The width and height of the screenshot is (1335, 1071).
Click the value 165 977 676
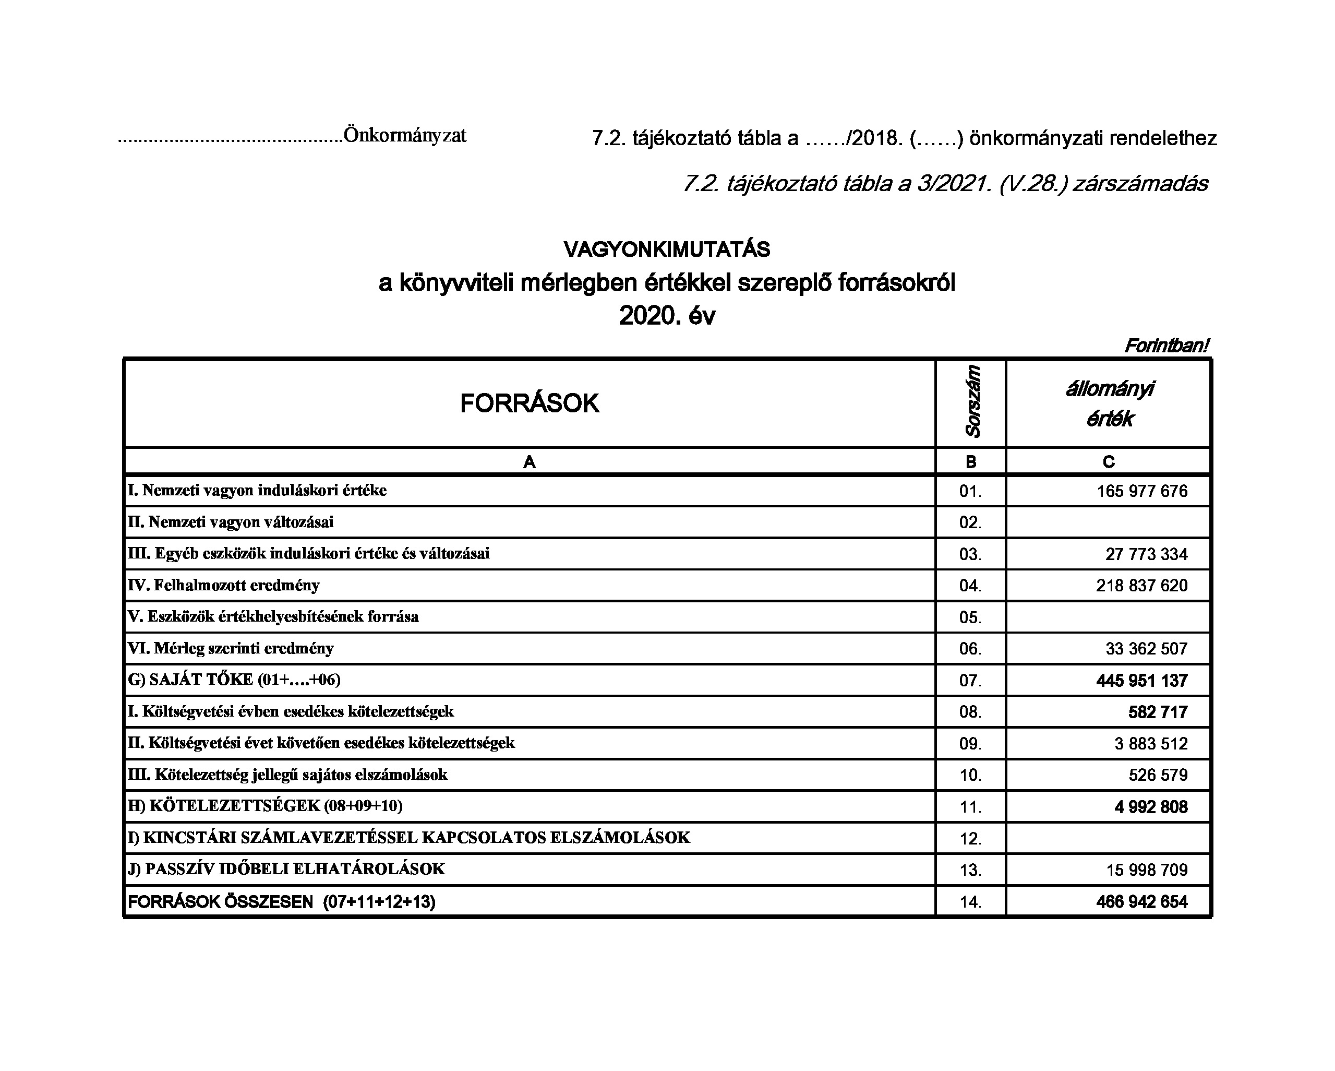[1142, 491]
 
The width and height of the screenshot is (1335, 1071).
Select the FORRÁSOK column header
[530, 403]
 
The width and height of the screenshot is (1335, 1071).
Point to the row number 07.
[970, 681]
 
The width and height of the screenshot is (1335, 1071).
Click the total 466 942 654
[1142, 902]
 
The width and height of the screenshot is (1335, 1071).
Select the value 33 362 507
[1146, 649]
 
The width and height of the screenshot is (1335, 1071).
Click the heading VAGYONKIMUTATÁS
[667, 249]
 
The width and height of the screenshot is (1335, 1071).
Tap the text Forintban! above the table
[1166, 346]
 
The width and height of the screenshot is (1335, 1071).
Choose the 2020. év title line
[667, 316]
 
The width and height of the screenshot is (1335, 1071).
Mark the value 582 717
[1158, 712]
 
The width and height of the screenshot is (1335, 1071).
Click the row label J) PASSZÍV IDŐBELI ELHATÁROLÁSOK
[286, 868]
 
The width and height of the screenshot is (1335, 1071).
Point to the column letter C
[1109, 462]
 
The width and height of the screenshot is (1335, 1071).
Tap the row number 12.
[970, 839]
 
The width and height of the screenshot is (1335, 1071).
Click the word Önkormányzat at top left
[405, 135]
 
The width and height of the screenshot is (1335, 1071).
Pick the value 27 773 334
[1146, 554]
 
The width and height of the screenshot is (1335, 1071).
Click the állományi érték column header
[1109, 404]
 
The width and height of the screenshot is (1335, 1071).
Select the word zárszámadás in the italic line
[1140, 184]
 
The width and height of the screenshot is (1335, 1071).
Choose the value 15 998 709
[1147, 870]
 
